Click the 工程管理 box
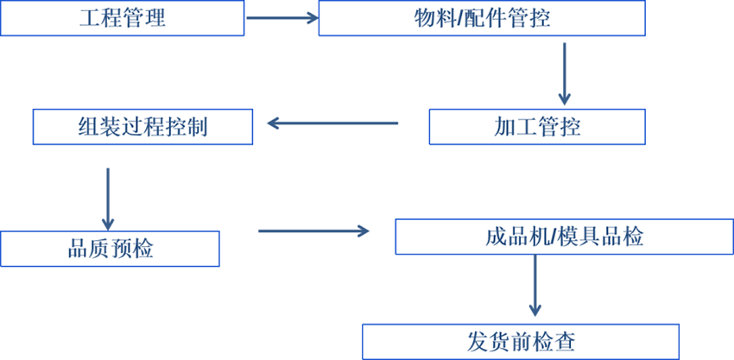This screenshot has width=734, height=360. tap(122, 18)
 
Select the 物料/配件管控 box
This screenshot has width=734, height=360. tap(482, 18)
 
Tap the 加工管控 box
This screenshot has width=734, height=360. tap(537, 127)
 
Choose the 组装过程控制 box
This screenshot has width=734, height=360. tap(142, 127)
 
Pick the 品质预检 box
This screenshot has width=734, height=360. tap(110, 249)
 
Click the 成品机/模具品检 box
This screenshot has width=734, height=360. tap(565, 237)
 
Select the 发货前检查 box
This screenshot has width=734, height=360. tap(521, 342)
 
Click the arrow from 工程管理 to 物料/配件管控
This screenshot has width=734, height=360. tap(282, 18)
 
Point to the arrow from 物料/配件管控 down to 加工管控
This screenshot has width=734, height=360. tap(565, 74)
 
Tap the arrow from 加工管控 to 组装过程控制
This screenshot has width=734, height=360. tap(332, 123)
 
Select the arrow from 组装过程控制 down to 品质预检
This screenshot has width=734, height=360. tap(108, 199)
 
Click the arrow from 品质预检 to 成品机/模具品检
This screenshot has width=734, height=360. tap(313, 231)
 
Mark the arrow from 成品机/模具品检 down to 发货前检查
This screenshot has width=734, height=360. tap(535, 286)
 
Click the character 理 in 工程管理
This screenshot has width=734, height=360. tap(155, 19)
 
